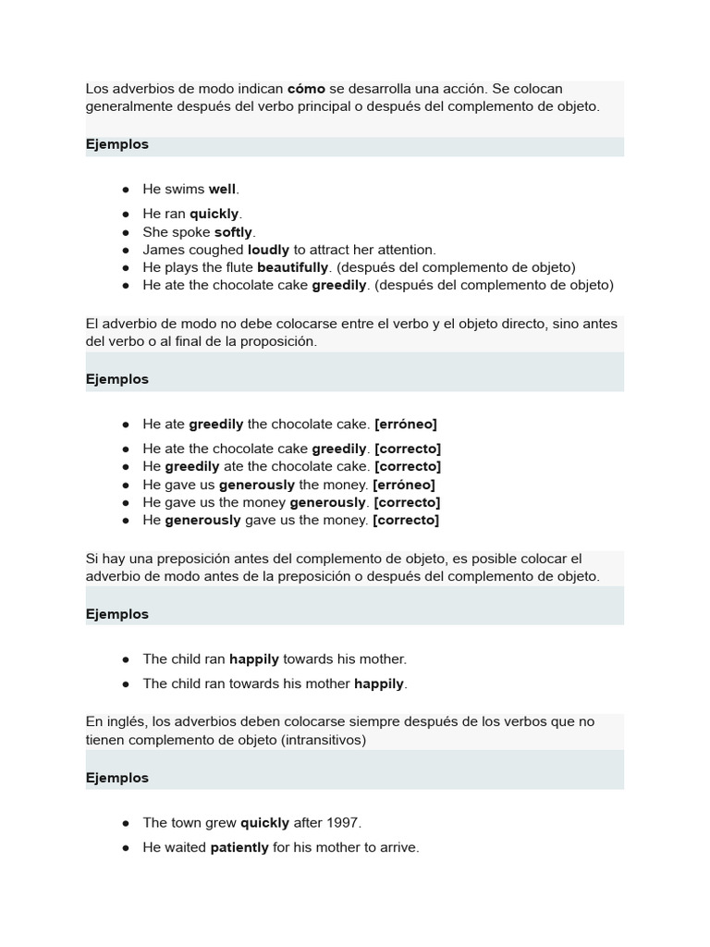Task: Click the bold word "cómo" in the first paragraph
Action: point(306,89)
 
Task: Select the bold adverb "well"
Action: point(223,189)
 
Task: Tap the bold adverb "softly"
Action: point(234,232)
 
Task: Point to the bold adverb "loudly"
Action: point(268,250)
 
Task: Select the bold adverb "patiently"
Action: point(239,847)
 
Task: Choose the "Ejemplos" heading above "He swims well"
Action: point(117,144)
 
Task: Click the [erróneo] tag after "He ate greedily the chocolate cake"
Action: point(405,424)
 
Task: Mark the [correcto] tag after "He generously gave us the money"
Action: point(406,520)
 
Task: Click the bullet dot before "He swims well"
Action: point(125,190)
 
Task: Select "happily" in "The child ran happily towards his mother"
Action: point(254,659)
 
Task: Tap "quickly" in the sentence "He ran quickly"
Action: point(214,214)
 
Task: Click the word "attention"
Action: point(405,250)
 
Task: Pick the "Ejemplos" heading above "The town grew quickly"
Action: point(117,778)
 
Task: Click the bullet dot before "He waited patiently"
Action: point(125,848)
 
